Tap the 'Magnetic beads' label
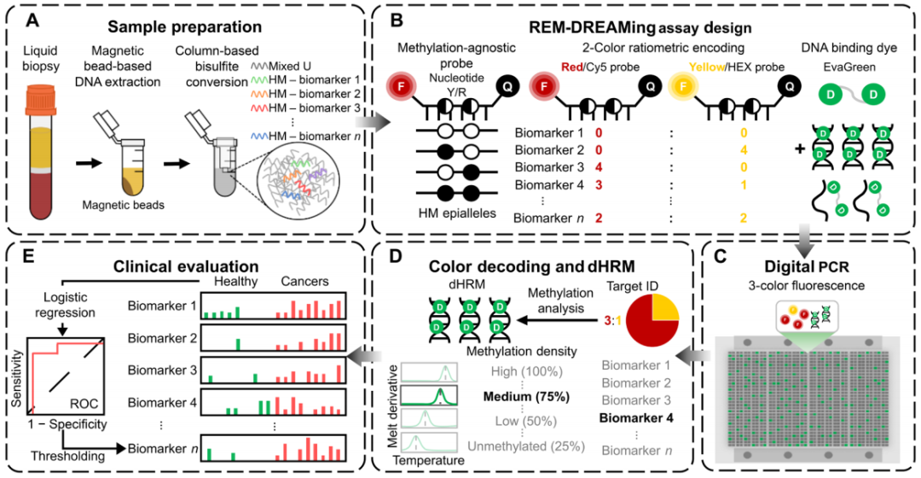pyautogui.click(x=127, y=205)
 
